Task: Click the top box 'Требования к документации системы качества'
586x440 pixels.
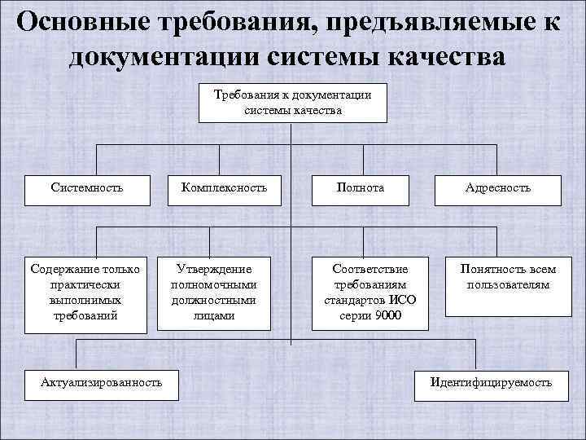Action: click(x=292, y=102)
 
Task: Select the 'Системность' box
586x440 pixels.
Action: click(x=86, y=188)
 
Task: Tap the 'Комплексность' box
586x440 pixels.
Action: click(x=218, y=188)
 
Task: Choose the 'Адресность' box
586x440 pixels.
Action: click(x=498, y=188)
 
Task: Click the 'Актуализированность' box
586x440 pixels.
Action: click(x=102, y=381)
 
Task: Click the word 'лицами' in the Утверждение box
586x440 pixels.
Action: click(x=215, y=315)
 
